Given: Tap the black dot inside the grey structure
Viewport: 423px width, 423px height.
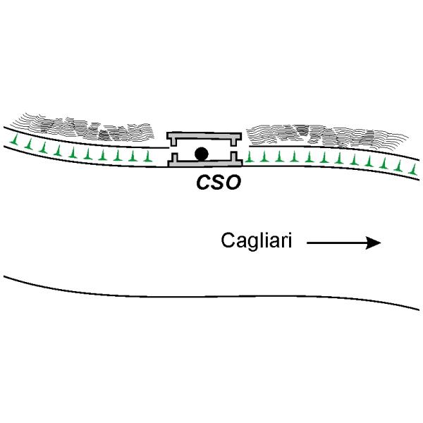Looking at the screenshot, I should (x=202, y=152).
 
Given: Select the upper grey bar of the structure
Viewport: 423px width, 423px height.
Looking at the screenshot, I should (x=203, y=134).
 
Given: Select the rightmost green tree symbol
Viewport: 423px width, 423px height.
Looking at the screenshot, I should (x=412, y=168).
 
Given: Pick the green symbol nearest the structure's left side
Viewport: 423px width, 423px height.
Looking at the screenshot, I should (x=147, y=155).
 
